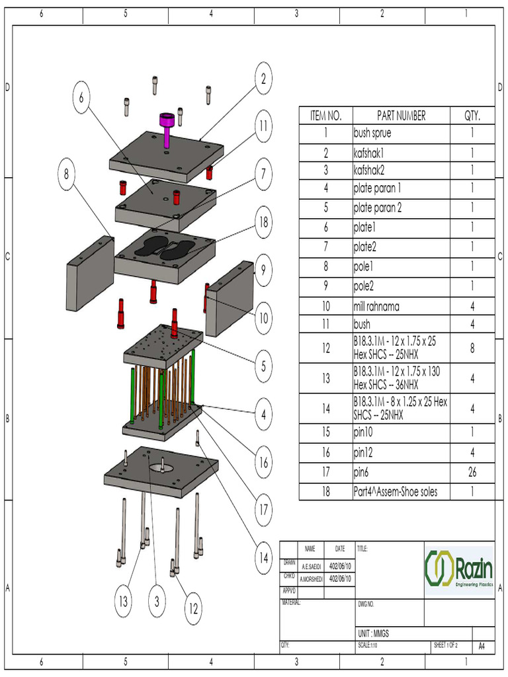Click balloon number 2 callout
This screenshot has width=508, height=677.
[263, 79]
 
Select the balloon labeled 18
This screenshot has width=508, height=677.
[263, 222]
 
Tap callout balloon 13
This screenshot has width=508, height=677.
[123, 602]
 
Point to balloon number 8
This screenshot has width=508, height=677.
[66, 175]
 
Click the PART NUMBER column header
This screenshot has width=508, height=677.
[401, 116]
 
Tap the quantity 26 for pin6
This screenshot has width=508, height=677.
[472, 473]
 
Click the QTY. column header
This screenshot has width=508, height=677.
[472, 116]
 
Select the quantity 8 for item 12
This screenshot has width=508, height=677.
[472, 348]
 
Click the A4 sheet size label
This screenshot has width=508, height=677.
[482, 646]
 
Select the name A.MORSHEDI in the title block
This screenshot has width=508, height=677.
[311, 578]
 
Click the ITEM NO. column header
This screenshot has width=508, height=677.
[325, 116]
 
